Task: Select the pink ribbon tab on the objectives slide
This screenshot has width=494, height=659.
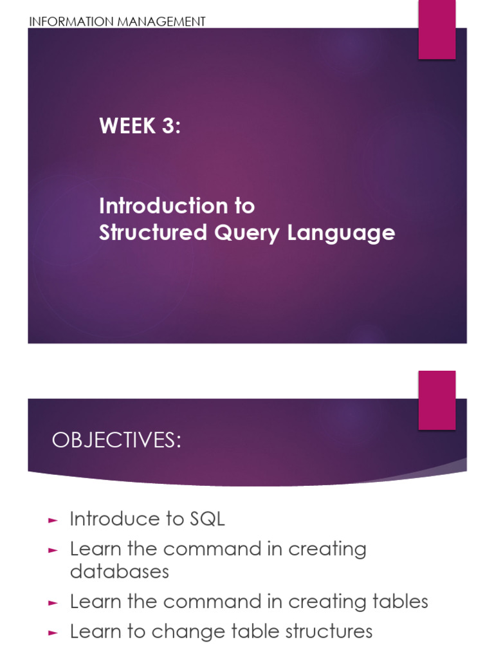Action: (437, 400)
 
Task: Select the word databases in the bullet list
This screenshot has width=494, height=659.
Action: (119, 571)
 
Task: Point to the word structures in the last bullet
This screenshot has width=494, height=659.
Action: (323, 631)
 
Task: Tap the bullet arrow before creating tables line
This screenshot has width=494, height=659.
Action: (53, 602)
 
